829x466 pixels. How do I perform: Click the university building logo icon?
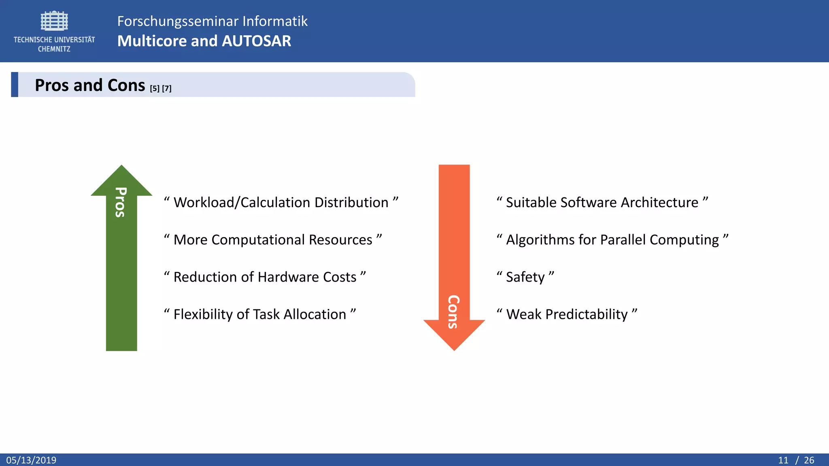point(54,21)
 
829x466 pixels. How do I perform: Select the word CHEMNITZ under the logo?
point(54,49)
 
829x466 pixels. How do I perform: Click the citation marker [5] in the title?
point(155,88)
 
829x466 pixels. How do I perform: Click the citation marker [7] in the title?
point(167,88)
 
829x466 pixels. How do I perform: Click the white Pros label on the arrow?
point(121,202)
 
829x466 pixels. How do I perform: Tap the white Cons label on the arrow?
point(453,311)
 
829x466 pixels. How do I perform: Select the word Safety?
point(525,277)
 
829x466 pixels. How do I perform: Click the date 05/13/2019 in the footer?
point(31,460)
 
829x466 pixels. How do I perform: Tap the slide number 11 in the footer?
point(783,460)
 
